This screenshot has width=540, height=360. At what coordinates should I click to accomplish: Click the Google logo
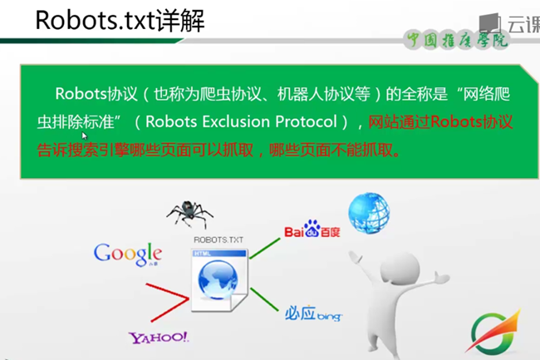pos(127,252)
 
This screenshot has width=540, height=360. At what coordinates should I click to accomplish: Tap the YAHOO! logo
pos(158,338)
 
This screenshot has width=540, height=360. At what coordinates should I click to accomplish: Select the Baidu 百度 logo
pos(312,229)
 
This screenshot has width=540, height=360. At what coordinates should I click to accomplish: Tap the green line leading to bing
pos(263,297)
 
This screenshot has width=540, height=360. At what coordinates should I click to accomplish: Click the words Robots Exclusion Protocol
pos(241,122)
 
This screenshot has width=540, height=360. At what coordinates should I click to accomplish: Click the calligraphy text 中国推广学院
pos(455,40)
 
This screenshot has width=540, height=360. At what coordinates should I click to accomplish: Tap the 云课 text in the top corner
pos(523,24)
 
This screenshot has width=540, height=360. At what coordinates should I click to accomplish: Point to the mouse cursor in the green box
pos(85,136)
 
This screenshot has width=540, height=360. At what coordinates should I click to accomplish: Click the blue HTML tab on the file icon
pos(203,252)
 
